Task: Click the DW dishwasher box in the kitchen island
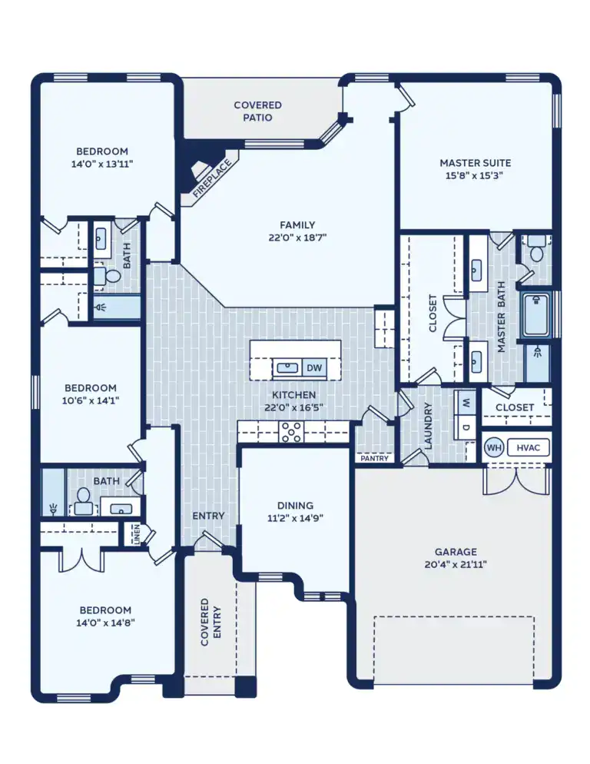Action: click(314, 368)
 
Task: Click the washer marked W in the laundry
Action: click(466, 400)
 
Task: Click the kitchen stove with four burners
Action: click(293, 432)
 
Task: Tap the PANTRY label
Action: click(374, 458)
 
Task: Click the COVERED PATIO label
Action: click(257, 111)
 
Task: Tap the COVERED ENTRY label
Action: click(210, 622)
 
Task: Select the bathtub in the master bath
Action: click(537, 314)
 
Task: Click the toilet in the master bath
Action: click(536, 250)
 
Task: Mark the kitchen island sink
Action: click(287, 368)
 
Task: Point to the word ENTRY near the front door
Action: click(208, 516)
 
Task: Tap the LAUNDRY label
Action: click(429, 427)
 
